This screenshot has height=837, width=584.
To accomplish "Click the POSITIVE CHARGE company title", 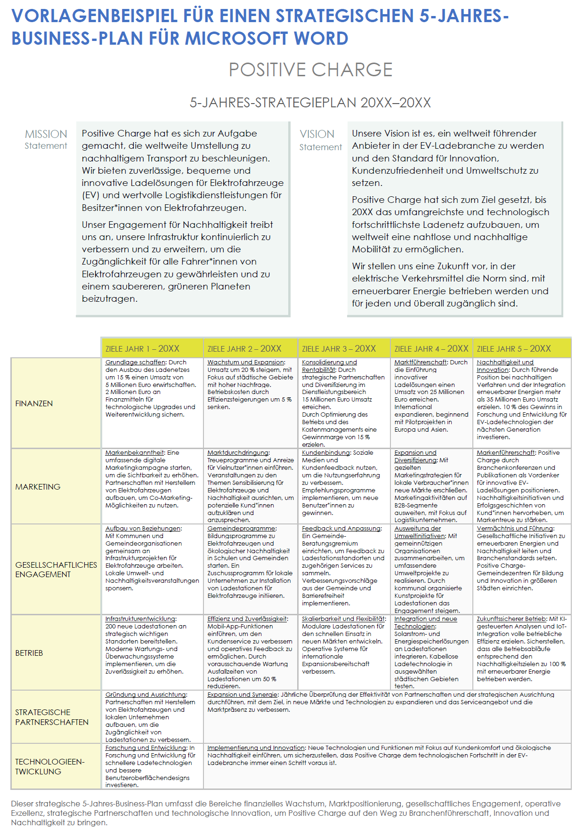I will click(x=310, y=70).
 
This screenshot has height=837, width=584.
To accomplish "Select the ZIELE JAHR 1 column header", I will click(x=142, y=349).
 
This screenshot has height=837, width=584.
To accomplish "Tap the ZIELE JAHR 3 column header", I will click(x=339, y=349).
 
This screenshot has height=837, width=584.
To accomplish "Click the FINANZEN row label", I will click(x=34, y=403).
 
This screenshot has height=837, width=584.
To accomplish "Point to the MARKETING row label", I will click(x=38, y=487).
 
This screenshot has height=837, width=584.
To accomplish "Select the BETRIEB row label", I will click(x=29, y=653).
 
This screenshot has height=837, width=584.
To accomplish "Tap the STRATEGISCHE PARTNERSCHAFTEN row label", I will click(x=51, y=717).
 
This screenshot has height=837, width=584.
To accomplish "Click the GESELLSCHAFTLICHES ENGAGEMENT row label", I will click(x=56, y=570).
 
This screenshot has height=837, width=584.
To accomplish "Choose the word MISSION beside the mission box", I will click(x=46, y=134).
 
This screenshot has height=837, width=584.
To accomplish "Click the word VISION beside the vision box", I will click(x=317, y=134).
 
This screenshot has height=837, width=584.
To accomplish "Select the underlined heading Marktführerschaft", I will click(x=421, y=362).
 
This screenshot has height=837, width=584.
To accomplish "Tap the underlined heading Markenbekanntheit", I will click(x=135, y=453).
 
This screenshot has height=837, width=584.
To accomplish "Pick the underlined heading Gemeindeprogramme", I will click(x=241, y=529).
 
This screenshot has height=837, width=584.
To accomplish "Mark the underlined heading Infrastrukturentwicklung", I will click(x=140, y=619).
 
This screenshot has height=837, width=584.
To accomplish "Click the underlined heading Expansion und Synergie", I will click(x=243, y=695).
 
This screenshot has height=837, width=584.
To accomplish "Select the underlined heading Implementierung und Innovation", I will click(x=256, y=748).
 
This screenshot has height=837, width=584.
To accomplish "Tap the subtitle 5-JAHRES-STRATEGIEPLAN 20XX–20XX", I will click(x=310, y=103).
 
